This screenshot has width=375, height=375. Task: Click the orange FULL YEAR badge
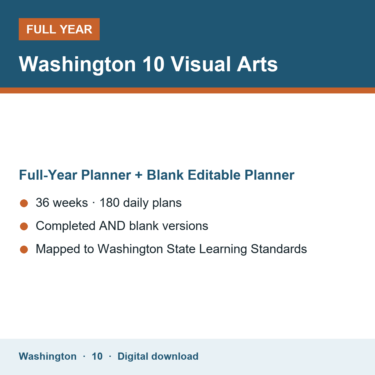(x=59, y=29)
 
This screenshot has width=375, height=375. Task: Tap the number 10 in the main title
(x=153, y=64)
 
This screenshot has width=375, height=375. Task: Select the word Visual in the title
(x=201, y=64)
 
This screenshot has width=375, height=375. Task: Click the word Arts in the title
(x=257, y=64)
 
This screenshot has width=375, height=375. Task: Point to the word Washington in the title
(x=77, y=65)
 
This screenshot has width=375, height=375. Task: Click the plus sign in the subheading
(x=139, y=175)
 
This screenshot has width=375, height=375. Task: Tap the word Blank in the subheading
(x=165, y=175)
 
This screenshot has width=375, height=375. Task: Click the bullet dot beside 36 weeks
(x=24, y=203)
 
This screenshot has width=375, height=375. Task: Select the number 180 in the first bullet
(x=110, y=202)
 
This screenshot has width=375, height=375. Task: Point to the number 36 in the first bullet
(x=42, y=202)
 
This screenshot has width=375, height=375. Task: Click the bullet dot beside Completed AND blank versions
(x=24, y=227)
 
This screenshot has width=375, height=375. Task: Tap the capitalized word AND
(x=112, y=226)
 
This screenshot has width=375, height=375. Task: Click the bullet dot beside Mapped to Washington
(x=24, y=250)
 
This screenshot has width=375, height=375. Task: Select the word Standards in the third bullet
(x=279, y=249)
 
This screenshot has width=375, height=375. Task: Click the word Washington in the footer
(x=48, y=356)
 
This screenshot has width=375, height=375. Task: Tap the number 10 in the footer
(x=97, y=356)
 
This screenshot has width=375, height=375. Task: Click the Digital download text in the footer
(x=158, y=356)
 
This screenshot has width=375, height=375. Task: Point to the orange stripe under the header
(x=187, y=91)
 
